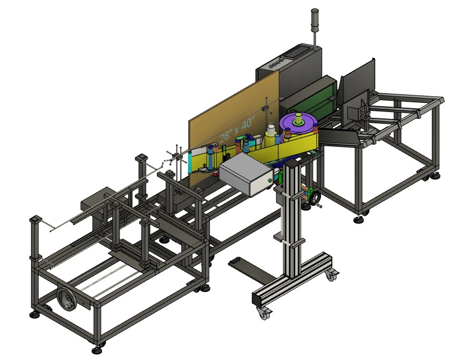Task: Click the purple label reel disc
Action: tap(298, 125)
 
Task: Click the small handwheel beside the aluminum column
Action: tap(316, 198)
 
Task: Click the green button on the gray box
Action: tap(270, 181)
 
